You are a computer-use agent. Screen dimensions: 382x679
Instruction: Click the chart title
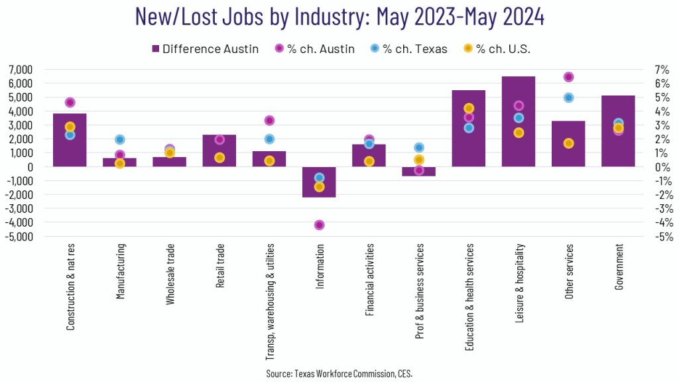click(x=339, y=17)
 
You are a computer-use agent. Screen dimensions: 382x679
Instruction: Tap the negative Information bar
click(x=319, y=190)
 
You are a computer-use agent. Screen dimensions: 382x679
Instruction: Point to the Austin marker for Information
click(x=319, y=225)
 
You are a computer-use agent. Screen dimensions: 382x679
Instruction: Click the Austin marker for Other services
click(x=568, y=77)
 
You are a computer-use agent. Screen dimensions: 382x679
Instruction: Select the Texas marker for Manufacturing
click(x=120, y=139)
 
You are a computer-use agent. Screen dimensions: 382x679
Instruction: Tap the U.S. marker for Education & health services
click(x=469, y=108)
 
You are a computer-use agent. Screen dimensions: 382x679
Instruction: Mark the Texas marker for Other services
click(x=568, y=97)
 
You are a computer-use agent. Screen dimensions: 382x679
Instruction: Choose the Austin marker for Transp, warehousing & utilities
click(x=269, y=121)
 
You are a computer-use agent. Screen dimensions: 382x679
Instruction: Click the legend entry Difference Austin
click(x=206, y=48)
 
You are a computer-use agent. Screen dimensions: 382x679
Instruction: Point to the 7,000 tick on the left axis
click(x=21, y=70)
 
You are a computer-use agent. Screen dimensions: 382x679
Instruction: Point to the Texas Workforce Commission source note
click(x=339, y=374)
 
